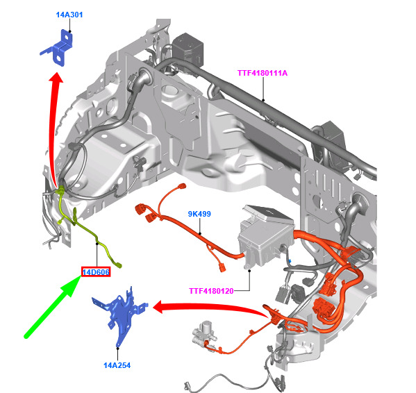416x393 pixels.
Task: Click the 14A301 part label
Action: [69, 15]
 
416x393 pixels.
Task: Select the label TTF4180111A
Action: [263, 73]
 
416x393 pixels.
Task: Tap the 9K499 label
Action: [199, 214]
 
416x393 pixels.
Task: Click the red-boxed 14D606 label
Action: [96, 272]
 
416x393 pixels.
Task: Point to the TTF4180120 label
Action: [211, 291]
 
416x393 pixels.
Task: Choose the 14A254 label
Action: [117, 365]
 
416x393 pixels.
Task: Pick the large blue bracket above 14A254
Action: [121, 315]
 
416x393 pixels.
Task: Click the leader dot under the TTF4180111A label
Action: [263, 100]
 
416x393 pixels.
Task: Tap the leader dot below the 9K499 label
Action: [200, 233]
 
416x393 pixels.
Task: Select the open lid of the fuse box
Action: [268, 212]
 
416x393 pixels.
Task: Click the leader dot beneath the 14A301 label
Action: [69, 31]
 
